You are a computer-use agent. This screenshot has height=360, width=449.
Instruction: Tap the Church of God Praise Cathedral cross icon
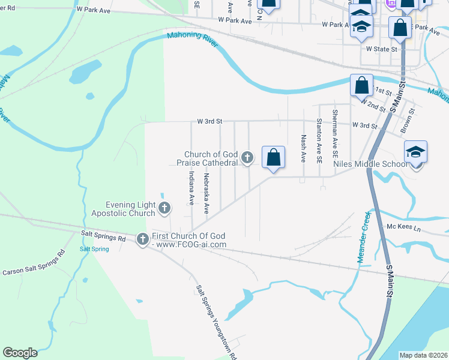click(x=247, y=158)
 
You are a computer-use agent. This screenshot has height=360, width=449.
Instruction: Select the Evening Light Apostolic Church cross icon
click(x=164, y=209)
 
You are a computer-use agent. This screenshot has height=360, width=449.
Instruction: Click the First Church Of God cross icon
click(x=143, y=239)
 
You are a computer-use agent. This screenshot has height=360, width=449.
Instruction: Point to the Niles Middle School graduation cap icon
click(x=415, y=152)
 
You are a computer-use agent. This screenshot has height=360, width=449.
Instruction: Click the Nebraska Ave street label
click(x=206, y=193)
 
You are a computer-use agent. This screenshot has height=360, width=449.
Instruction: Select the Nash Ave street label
click(x=304, y=149)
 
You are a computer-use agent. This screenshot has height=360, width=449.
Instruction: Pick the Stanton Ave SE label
click(x=319, y=141)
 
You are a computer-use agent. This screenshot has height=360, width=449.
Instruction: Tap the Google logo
click(x=20, y=353)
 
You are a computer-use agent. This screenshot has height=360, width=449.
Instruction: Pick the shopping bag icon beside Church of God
click(x=273, y=158)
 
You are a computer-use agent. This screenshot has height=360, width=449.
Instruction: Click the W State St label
click(x=382, y=50)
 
